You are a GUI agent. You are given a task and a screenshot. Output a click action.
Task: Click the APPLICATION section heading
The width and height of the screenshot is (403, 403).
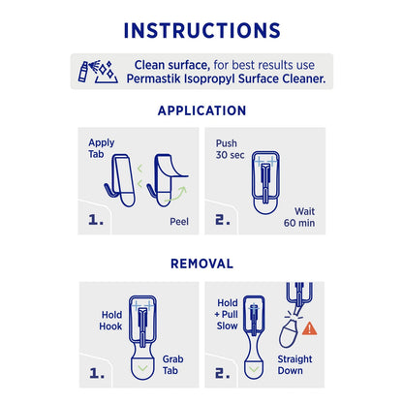[x=201, y=110]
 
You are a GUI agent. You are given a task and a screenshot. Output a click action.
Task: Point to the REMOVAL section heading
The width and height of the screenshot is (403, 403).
[x=201, y=263]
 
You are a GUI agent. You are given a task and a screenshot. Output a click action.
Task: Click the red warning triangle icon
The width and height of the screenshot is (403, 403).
[x=309, y=327]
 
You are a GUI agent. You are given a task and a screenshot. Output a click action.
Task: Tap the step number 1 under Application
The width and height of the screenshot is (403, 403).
[x=96, y=220]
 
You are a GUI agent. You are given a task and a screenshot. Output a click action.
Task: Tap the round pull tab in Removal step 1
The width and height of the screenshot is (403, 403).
[x=143, y=366]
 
